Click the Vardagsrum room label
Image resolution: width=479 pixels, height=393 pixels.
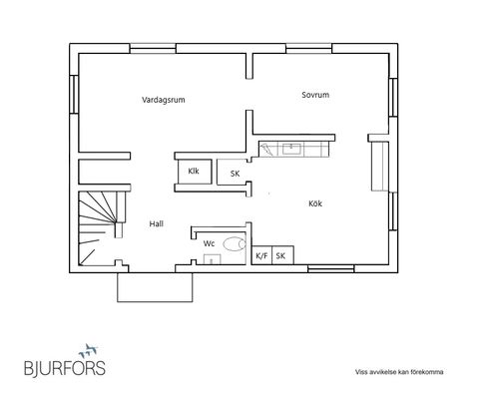point(164,100)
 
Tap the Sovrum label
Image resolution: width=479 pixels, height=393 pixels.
point(315,95)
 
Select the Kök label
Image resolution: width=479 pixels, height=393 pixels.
point(315,203)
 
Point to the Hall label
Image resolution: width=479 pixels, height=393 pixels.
point(156,223)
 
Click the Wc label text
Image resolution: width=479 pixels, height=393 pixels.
point(209,243)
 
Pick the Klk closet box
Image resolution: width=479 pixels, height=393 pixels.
point(195,172)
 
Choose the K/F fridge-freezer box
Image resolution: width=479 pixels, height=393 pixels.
point(261,255)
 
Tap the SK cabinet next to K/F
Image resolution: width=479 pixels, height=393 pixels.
point(282,255)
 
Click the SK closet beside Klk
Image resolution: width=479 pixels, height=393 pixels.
point(233,173)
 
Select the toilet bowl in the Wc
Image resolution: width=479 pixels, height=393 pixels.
point(235,244)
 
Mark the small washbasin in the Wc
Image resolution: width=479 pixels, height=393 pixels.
point(213,259)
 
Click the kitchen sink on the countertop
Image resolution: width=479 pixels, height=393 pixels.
point(291,149)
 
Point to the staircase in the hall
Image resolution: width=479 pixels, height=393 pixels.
point(98,228)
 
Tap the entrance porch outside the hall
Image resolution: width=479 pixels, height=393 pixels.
point(155,287)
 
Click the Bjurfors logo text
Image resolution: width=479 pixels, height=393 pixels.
point(65,368)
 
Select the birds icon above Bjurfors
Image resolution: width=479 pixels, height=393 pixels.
point(88,350)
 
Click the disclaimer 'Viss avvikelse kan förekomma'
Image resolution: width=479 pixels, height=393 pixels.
point(399,372)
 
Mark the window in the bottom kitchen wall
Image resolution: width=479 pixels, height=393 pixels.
point(330,268)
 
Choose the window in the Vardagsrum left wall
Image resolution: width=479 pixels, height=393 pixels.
point(74,95)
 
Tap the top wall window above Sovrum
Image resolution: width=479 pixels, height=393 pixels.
point(309,49)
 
